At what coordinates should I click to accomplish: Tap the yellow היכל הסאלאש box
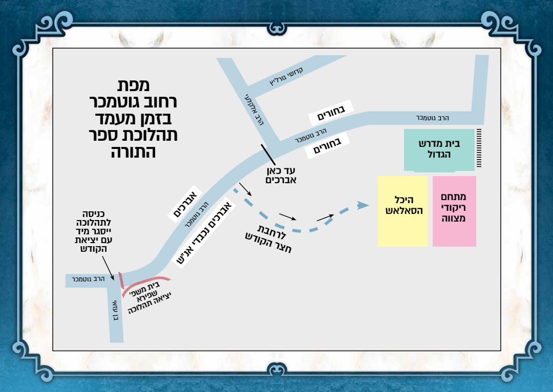[x=403, y=211]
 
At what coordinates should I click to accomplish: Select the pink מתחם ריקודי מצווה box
[x=454, y=211]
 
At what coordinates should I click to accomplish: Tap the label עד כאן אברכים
[x=281, y=176]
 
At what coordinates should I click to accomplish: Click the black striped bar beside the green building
[x=479, y=148]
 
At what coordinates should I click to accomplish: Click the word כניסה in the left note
[x=96, y=214]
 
